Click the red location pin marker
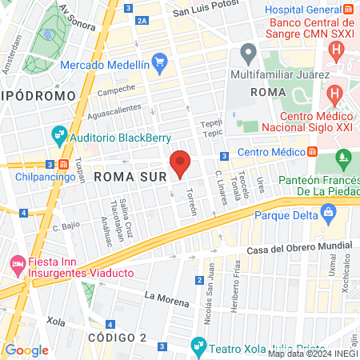pos(180,163)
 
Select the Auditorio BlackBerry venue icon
pos(59,135)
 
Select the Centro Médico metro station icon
pos(312,152)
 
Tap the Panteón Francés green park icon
pos(345,158)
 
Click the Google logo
pos(26,350)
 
